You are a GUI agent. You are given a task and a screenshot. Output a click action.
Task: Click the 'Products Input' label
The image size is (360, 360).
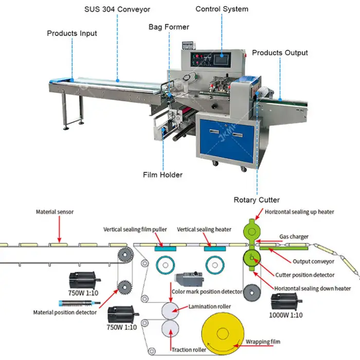coord(71,33)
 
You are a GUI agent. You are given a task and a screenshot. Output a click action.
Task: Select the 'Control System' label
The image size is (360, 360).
coord(222,9)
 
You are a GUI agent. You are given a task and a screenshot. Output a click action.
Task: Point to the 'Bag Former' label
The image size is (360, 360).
coord(169,26)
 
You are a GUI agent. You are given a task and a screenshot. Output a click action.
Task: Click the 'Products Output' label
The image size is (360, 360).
coord(280,52)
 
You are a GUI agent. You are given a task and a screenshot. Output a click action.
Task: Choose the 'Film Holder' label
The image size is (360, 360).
coord(163,175)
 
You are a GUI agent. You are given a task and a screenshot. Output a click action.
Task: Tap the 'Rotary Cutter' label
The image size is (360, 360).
coord(257,200)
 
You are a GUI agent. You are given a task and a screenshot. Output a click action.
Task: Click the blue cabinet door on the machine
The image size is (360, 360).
coord(227,139)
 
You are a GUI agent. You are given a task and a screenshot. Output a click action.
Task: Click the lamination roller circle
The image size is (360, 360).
coord(170,311)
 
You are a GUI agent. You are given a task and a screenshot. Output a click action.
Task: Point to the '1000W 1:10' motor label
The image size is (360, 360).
coord(285,314)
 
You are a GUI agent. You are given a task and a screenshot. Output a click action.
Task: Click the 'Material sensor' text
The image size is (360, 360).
coord(53,211)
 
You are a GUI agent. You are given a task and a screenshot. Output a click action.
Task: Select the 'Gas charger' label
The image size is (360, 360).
coord(294,237)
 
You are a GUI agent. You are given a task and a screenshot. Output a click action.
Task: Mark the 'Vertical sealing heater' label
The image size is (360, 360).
coord(204,229)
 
